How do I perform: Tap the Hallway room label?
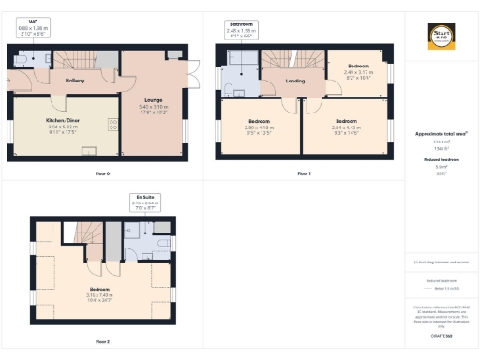click(x=75, y=81)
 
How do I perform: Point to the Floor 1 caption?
click(x=303, y=173)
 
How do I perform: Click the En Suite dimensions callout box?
click(x=145, y=201)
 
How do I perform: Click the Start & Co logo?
click(x=442, y=37)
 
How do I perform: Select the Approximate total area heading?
click(x=441, y=133)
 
